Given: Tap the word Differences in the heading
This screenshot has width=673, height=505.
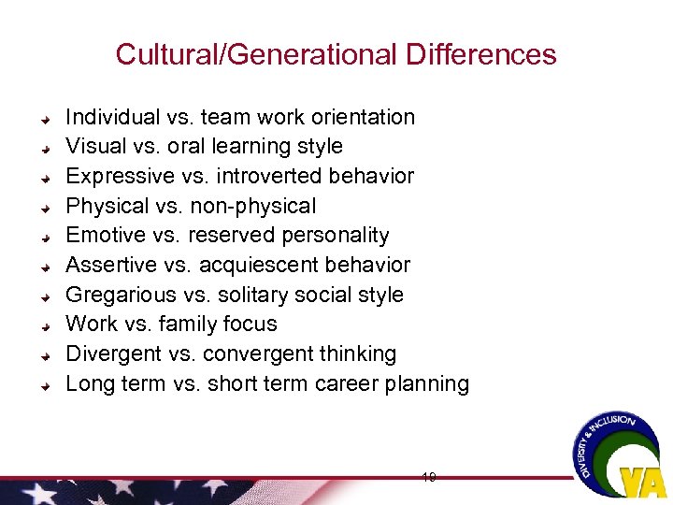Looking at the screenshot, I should (x=481, y=54).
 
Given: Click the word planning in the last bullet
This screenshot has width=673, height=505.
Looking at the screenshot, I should (x=430, y=383).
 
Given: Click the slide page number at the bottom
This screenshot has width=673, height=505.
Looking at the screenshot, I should (x=428, y=477).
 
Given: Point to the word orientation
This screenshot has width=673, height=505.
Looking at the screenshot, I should (x=363, y=117).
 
